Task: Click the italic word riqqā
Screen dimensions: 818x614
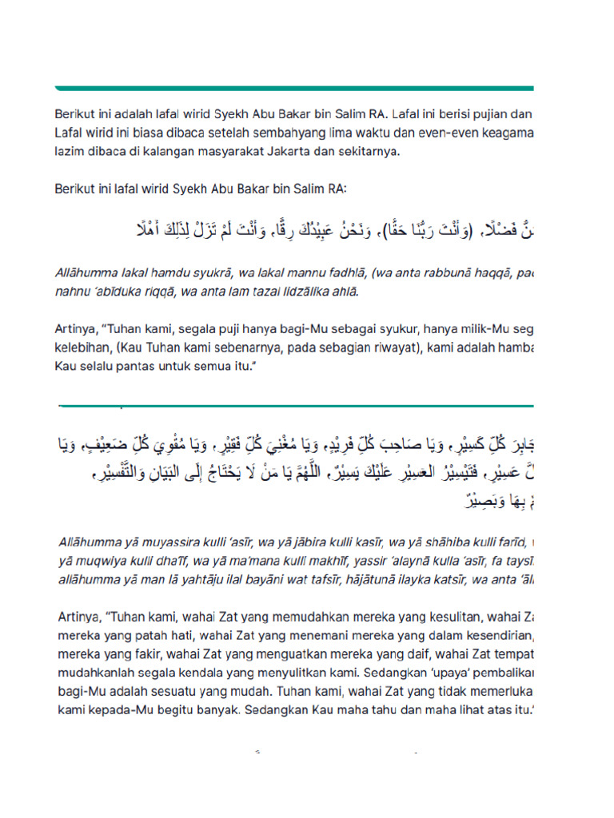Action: (x=160, y=291)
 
